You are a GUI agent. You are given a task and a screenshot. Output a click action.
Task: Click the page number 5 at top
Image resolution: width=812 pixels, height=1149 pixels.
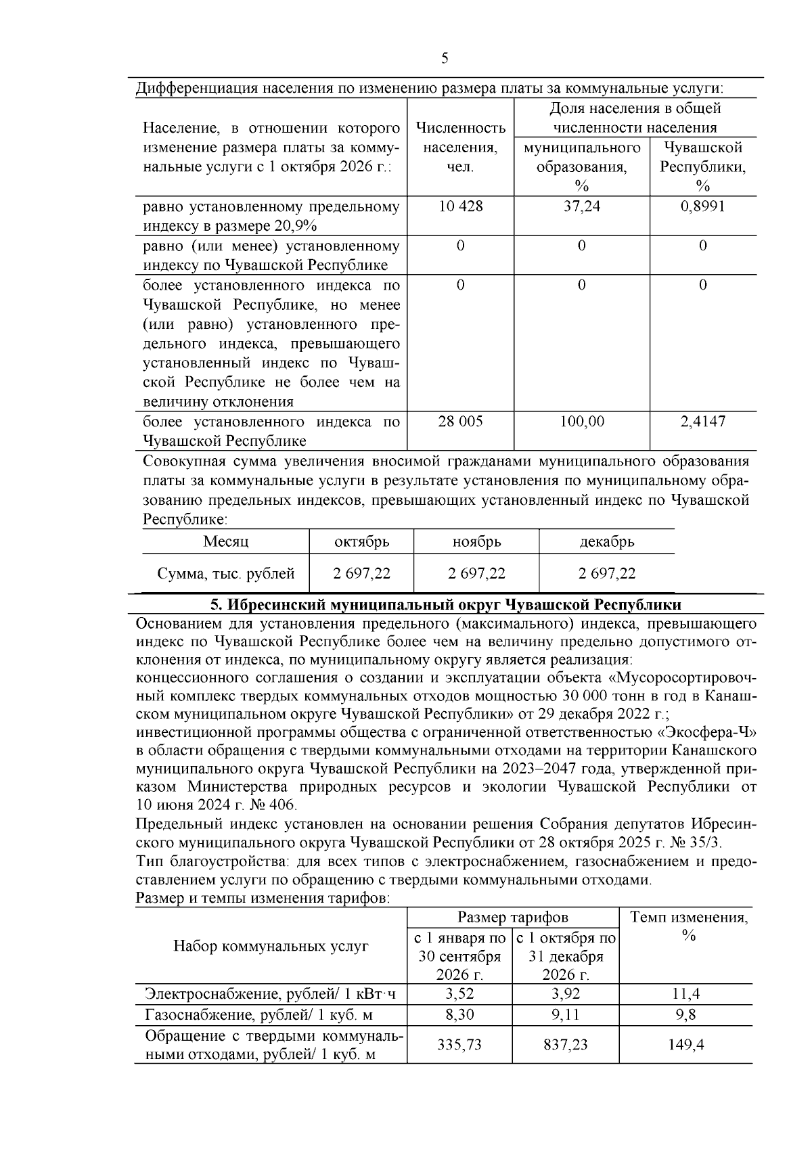445,58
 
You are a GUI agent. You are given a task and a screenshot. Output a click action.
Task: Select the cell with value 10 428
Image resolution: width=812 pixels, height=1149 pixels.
460,206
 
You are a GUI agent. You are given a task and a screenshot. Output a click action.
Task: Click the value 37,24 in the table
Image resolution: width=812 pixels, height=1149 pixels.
581,206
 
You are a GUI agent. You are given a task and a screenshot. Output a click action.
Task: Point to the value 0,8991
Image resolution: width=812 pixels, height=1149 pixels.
702,206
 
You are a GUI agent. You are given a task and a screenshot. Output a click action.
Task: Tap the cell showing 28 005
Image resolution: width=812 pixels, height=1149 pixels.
460,422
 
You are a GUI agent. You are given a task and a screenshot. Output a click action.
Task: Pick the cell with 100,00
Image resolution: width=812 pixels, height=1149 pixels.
581,422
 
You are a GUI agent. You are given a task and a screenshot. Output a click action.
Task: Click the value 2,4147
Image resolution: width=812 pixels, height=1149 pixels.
702,422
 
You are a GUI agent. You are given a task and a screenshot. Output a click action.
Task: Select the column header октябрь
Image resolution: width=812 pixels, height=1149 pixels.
361,542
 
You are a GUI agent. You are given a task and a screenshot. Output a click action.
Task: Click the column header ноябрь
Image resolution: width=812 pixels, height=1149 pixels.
476,542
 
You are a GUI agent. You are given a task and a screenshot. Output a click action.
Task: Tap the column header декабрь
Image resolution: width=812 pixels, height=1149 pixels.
606,542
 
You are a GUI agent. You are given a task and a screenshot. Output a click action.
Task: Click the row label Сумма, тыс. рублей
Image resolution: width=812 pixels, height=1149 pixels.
226,574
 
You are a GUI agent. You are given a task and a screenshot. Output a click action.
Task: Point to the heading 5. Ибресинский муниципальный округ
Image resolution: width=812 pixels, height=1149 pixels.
446,604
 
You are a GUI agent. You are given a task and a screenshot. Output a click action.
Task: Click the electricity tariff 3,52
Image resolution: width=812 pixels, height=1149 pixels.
459,994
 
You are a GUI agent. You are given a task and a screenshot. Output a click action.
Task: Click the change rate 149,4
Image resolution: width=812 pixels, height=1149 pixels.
685,1045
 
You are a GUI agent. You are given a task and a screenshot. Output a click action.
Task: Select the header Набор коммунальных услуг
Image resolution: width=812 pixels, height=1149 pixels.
271,946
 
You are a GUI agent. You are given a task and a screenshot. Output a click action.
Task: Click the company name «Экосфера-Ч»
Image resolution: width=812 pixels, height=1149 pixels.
707,733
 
